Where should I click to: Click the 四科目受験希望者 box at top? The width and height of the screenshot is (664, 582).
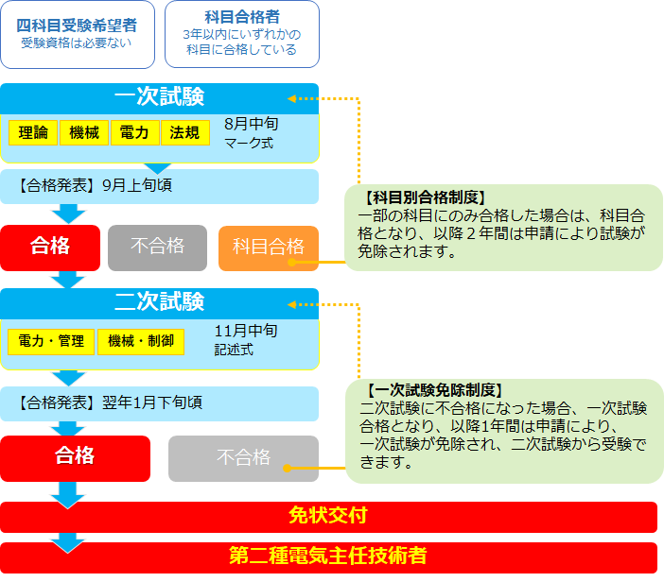77,34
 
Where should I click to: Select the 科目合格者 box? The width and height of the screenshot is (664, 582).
241,34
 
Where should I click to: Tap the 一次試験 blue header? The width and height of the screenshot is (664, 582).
159,97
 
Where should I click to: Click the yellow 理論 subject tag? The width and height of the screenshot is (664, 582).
33,133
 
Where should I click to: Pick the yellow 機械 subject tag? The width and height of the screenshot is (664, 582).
84,133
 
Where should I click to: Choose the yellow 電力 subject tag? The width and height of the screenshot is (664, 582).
134,133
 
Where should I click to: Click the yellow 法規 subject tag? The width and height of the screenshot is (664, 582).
184,133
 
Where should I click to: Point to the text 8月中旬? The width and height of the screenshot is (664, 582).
252,124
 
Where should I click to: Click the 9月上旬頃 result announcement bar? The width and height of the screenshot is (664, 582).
159,185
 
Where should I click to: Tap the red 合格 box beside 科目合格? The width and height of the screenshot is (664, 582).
49,247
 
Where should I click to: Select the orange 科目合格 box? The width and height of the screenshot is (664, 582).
269,248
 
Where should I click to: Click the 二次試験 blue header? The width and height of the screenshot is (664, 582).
159,302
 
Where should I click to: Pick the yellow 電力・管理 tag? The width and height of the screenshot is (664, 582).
51,341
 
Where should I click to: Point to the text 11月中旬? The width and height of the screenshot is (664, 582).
246,331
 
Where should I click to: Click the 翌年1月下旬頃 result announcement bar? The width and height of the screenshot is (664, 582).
159,402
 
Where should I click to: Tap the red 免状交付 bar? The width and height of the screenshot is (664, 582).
328,516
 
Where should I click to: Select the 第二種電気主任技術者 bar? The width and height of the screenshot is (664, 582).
328,556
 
